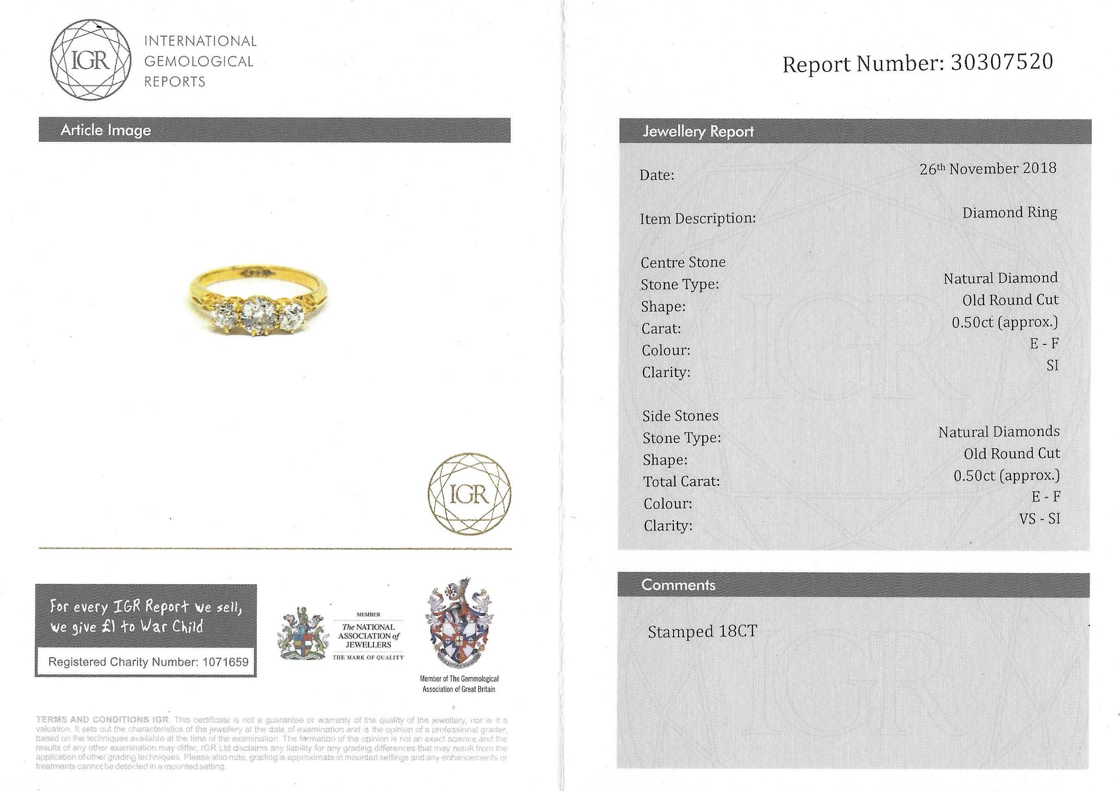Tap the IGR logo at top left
click(x=91, y=61)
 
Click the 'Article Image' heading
click(x=106, y=130)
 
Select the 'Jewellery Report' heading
click(x=698, y=132)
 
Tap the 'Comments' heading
click(x=678, y=585)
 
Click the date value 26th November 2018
click(x=988, y=169)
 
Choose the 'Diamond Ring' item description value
click(x=1010, y=213)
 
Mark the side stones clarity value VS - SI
click(x=1039, y=519)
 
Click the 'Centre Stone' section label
click(x=683, y=263)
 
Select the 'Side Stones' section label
click(x=680, y=416)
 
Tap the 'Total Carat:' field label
click(x=681, y=482)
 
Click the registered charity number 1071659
click(x=223, y=662)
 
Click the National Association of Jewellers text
click(x=368, y=635)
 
